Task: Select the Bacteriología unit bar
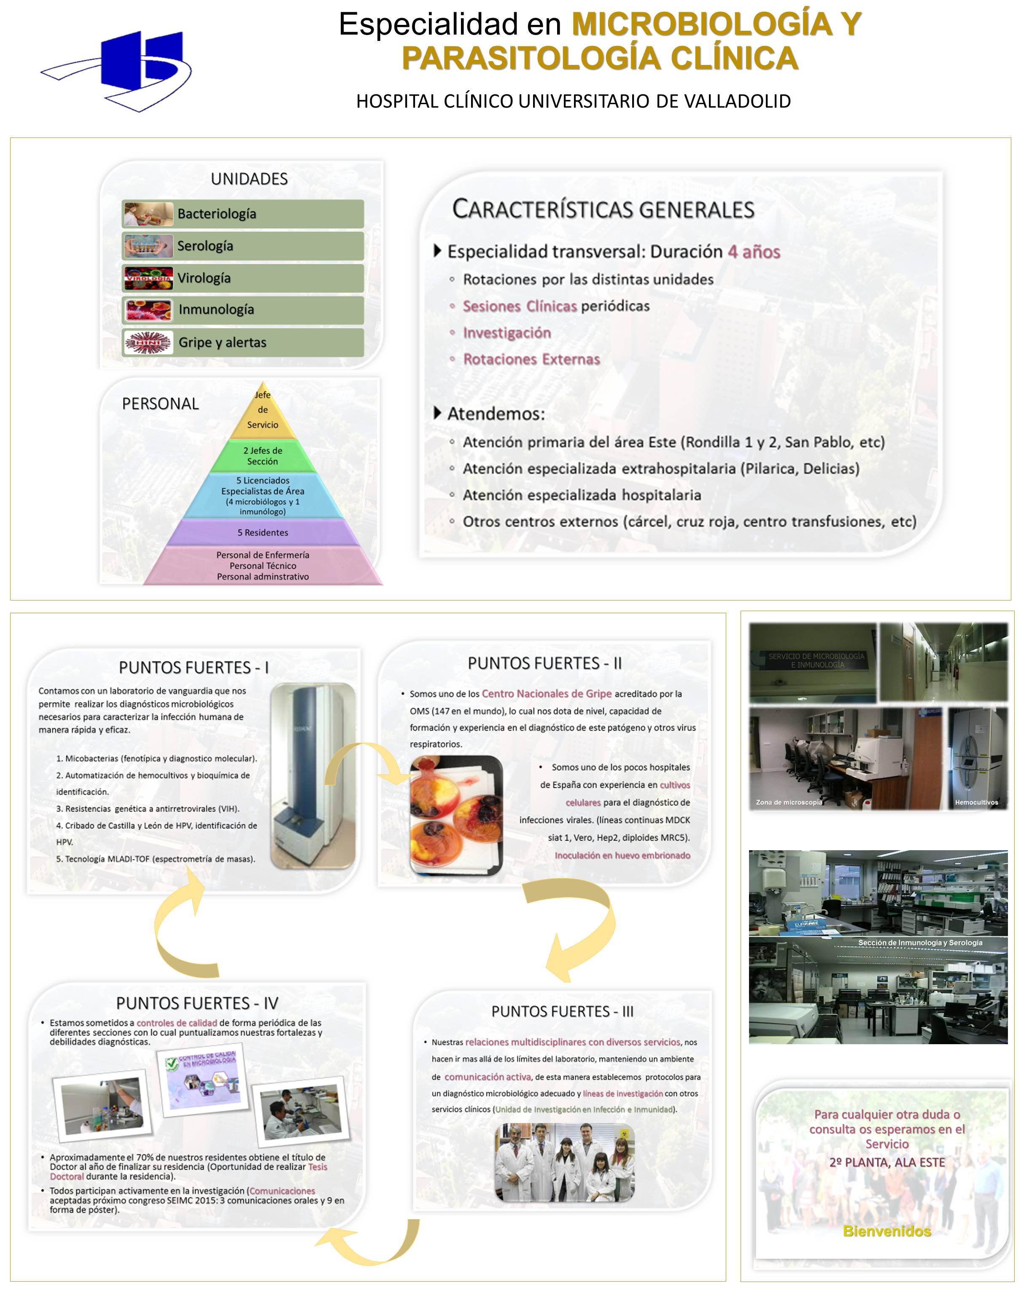242,214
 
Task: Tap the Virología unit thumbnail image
148,278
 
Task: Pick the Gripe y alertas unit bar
242,342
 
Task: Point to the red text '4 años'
754,252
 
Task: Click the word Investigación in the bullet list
507,333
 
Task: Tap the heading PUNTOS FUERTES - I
193,667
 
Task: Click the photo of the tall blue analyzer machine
312,775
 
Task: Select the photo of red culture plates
456,815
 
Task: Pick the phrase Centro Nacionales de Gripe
547,694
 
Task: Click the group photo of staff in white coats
564,1163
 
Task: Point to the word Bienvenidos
886,1231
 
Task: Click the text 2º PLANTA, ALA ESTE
886,1162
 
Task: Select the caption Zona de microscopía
789,802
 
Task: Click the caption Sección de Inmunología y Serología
920,943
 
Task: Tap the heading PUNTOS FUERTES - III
562,1011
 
